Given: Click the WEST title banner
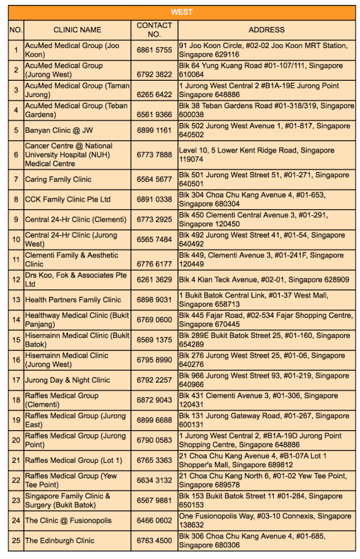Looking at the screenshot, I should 181,12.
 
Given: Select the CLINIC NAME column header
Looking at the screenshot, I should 77,29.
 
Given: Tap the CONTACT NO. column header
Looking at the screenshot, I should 154,29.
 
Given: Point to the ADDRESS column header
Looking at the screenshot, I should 266,29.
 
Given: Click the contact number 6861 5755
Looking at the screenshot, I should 154,50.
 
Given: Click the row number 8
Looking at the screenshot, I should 16,199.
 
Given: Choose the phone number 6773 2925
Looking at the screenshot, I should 154,219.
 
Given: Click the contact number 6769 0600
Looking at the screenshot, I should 154,320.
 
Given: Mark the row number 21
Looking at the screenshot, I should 16,460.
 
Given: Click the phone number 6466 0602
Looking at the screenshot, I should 154,521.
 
